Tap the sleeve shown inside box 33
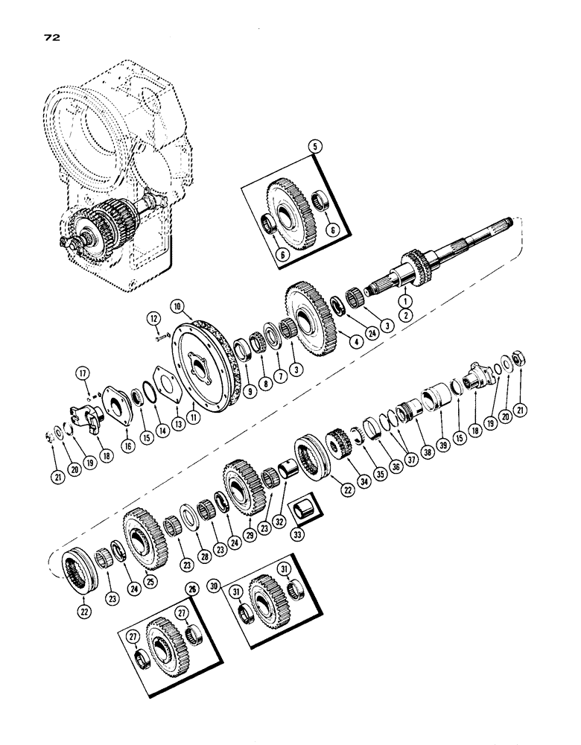point(303,513)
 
